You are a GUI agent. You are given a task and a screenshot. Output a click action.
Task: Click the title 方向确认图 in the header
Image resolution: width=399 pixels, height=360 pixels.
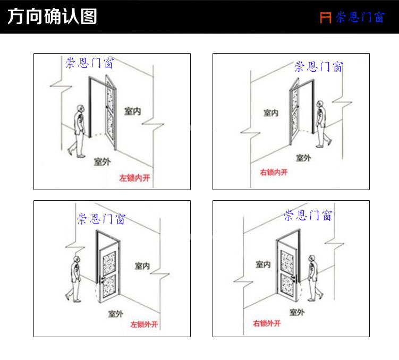pyautogui.click(x=52, y=17)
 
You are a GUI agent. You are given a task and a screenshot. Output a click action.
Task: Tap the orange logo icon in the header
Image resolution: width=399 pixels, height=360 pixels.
pyautogui.click(x=325, y=18)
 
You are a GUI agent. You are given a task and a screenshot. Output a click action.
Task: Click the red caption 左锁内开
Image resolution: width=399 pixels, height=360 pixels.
pyautogui.click(x=134, y=178)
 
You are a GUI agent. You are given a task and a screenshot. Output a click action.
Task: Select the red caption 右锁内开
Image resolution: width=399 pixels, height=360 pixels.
pyautogui.click(x=273, y=172)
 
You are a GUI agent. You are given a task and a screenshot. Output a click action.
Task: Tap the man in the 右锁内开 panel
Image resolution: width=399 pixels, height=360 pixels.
pyautogui.click(x=321, y=123)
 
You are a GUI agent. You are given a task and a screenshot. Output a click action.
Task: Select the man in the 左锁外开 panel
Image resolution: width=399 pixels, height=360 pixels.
pyautogui.click(x=75, y=278)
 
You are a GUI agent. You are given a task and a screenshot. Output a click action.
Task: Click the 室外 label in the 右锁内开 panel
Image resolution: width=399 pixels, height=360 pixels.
pyautogui.click(x=303, y=158)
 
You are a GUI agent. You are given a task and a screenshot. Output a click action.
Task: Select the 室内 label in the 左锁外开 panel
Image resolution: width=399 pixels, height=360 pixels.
pyautogui.click(x=142, y=265)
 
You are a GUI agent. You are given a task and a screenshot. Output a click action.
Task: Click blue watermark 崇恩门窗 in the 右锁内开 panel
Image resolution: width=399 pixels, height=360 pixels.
pyautogui.click(x=319, y=67)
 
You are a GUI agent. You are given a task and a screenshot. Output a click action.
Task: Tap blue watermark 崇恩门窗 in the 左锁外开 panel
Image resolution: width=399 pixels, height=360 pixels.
pyautogui.click(x=101, y=219)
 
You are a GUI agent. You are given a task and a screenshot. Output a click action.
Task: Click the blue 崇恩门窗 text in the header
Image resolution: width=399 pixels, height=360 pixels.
pyautogui.click(x=359, y=18)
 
